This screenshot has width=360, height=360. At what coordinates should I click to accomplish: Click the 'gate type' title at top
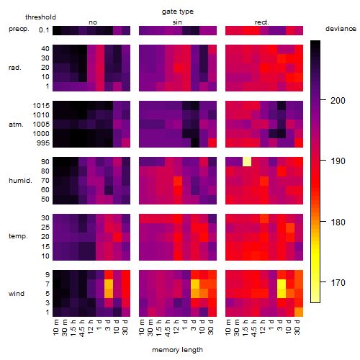178,12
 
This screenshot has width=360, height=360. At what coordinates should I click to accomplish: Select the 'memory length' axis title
177,350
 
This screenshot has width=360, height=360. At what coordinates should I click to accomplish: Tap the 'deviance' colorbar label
341,29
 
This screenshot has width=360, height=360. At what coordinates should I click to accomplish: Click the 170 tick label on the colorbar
338,282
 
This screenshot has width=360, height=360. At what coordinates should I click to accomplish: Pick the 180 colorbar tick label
338,222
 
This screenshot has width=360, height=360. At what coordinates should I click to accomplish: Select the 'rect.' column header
262,22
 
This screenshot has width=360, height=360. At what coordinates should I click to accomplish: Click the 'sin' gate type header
177,22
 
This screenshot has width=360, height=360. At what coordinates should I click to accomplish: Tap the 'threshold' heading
40,17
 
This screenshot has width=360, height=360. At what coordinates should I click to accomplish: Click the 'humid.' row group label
20,181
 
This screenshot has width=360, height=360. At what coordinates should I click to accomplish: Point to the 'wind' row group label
17,294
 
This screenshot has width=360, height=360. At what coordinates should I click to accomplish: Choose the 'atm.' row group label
16,125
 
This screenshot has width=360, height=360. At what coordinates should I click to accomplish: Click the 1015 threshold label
41,105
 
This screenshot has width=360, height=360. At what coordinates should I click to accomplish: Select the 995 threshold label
43,143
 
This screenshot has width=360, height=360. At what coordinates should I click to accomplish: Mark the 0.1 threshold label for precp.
44,30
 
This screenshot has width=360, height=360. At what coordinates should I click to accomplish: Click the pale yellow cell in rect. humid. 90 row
247,161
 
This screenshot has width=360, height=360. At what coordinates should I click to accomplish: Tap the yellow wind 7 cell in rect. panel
282,284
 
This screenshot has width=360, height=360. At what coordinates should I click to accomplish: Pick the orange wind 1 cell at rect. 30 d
299,312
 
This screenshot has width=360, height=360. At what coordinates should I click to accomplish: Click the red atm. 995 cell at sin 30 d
212,143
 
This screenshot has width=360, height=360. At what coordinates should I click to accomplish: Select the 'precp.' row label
19,29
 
